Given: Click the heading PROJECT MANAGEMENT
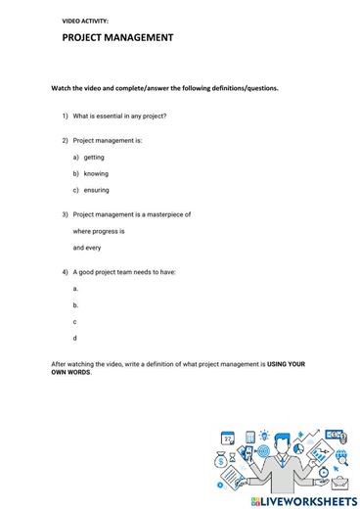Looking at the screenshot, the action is tap(117, 38).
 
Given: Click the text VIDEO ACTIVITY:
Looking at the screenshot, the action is tap(85, 20).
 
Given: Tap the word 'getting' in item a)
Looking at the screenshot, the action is tap(94, 157).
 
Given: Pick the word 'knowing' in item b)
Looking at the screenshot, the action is tap(96, 173).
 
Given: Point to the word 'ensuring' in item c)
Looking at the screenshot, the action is tap(97, 190).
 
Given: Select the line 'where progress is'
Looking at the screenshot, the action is tap(99, 231).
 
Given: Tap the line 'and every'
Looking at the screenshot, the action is tap(87, 248).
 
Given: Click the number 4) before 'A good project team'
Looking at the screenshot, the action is tap(65, 272).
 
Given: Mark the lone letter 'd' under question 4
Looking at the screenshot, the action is tap(75, 338).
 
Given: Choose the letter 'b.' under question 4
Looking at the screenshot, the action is tap(75, 304).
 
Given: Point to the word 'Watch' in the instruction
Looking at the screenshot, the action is tap(62, 87).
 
